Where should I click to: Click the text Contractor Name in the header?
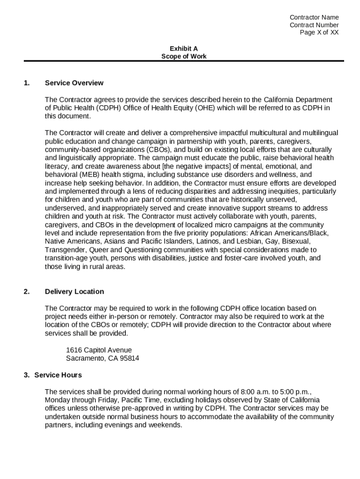pos(314,17)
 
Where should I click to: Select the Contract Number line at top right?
pos(314,25)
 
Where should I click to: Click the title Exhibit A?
pos(184,48)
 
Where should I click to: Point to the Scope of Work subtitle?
pos(184,56)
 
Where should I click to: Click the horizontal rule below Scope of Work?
pos(184,61)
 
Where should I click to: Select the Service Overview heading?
pos(74,83)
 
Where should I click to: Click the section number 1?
pos(27,83)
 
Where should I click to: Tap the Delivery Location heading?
pos(74,291)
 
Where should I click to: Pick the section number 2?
pos(27,291)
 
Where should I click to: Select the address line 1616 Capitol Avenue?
pos(99,350)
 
